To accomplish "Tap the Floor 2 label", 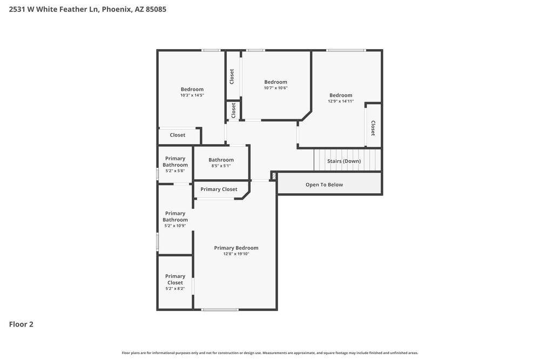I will (21, 324).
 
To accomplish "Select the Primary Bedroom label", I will (236, 248).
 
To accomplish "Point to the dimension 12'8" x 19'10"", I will (236, 254).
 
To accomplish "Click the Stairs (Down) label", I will (344, 161).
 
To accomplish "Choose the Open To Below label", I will (324, 185).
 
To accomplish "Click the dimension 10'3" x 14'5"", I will (192, 96).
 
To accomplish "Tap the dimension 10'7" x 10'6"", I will (275, 88).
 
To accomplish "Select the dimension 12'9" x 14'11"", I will (341, 101).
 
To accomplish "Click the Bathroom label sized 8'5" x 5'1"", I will (221, 160).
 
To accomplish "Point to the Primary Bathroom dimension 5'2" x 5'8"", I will (175, 171).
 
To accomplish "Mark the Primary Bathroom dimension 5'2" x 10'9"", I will (175, 226).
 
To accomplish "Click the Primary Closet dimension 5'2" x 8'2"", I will (175, 289).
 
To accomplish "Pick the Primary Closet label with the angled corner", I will (219, 189).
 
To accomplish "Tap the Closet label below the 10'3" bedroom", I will (178, 135).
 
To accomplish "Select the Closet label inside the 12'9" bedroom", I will (373, 128).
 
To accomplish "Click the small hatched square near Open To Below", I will (274, 176).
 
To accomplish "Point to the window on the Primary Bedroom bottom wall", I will (220, 310).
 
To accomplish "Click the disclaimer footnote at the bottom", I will (270, 353).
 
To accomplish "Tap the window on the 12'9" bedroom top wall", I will (346, 51).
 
